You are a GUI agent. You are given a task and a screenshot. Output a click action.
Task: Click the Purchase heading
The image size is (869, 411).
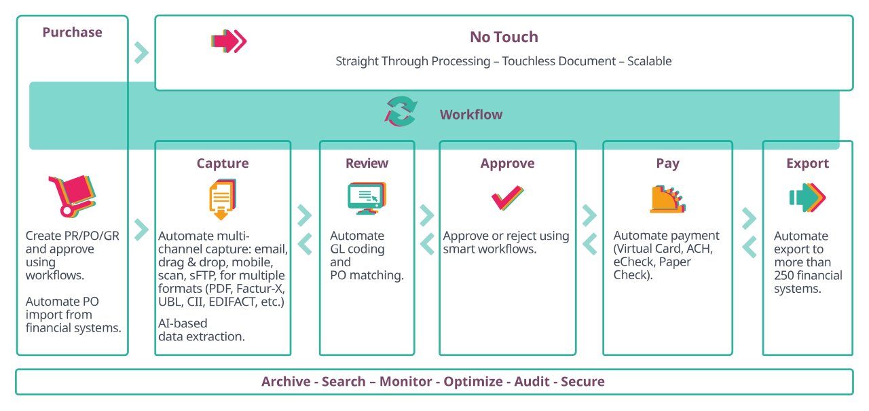[x=72, y=32]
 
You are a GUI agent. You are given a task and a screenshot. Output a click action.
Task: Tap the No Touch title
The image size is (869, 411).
[x=503, y=37]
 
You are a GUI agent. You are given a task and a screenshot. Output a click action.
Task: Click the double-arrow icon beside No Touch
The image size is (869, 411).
[x=229, y=41]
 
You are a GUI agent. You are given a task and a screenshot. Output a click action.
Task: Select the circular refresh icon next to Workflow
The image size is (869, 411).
[x=401, y=111]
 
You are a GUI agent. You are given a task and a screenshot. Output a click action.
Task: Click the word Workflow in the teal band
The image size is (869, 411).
[x=471, y=114]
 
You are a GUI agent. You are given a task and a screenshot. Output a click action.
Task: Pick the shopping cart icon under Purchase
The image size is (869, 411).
[x=72, y=195]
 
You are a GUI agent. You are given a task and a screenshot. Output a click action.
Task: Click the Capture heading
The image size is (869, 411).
[x=223, y=163]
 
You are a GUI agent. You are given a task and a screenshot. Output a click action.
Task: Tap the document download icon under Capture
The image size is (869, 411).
[x=221, y=199]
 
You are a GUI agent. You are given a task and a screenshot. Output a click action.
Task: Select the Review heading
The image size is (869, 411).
[x=367, y=163]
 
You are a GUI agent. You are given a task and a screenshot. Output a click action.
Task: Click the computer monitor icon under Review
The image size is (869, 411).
[x=367, y=198]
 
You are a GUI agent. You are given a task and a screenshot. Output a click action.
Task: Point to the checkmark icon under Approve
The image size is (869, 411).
[x=507, y=198]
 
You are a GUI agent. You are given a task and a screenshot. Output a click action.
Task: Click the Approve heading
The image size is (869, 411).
[x=507, y=163]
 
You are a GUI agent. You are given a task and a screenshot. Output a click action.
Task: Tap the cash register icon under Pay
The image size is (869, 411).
[x=667, y=198]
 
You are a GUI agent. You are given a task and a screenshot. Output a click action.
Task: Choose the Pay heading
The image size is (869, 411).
[x=667, y=163]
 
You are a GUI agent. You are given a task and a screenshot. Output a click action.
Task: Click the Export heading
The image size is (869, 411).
[x=807, y=163]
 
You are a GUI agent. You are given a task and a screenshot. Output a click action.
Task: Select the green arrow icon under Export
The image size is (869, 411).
[x=807, y=198]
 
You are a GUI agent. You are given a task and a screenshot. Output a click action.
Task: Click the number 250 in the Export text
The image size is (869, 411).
[x=785, y=275]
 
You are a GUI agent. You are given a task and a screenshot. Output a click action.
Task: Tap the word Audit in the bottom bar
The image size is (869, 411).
[x=533, y=382]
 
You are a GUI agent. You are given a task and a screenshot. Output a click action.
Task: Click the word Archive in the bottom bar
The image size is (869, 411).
[x=286, y=382]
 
